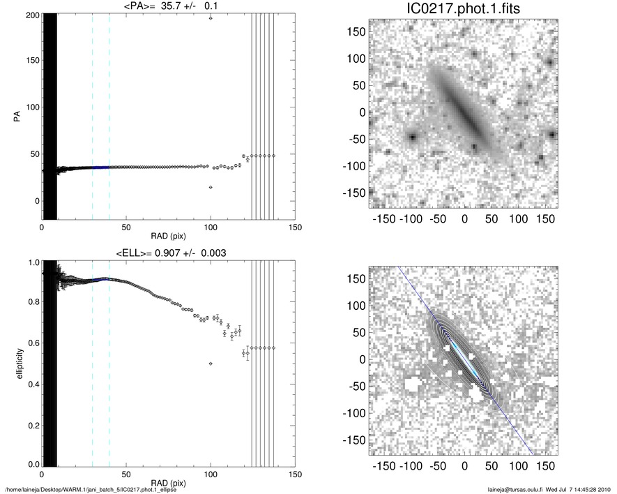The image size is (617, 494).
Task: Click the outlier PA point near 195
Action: tap(211, 18)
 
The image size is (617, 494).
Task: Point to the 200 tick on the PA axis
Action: tap(31, 15)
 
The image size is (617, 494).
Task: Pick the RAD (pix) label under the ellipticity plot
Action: tap(168, 482)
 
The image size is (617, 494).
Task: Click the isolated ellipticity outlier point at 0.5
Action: tap(211, 364)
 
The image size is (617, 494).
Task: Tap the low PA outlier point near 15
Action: tap(211, 187)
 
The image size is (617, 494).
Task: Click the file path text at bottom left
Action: tap(90, 490)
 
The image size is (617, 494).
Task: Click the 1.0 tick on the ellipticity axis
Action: tap(31, 263)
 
